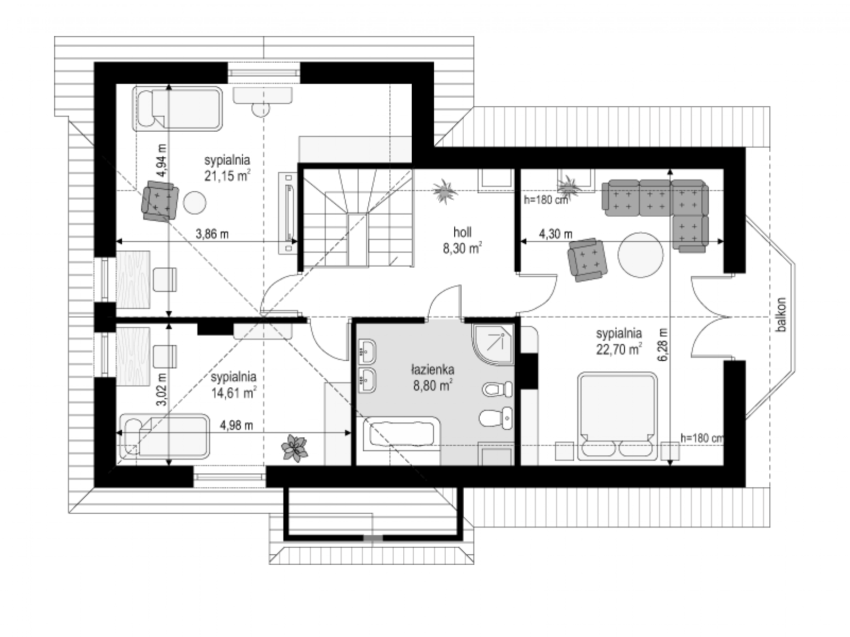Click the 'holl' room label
click(462, 232)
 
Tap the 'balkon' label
click(781, 315)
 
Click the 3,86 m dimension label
click(212, 234)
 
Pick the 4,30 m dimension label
click(555, 234)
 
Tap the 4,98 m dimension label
click(236, 426)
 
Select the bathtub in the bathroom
click(401, 434)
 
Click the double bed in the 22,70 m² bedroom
click(617, 417)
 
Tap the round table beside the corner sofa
click(640, 254)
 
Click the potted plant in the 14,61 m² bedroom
click(295, 448)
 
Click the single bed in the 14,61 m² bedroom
click(165, 437)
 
